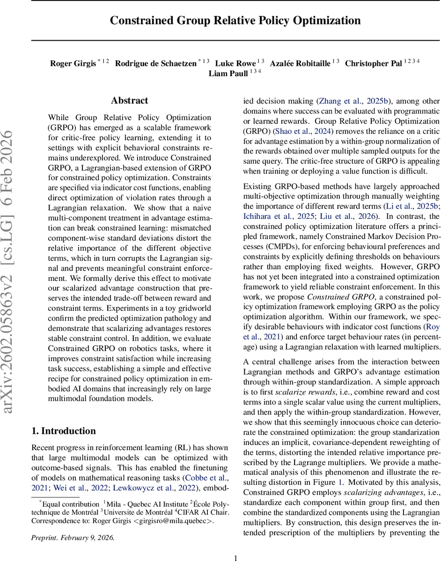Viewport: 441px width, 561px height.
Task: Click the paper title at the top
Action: point(235,21)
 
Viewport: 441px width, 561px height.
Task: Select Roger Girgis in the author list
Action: point(73,64)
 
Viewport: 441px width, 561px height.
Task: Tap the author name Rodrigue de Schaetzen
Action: point(156,64)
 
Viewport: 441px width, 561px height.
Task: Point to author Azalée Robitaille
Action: point(301,64)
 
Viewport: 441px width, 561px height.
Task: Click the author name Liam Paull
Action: point(228,74)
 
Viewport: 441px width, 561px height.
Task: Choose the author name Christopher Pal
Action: point(373,64)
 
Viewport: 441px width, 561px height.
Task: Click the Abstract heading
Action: point(129,101)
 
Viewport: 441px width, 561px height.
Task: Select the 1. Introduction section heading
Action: point(63,431)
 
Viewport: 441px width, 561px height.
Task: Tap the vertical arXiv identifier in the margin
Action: point(13,271)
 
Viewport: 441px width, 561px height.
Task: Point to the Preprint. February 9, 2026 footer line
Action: point(73,537)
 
